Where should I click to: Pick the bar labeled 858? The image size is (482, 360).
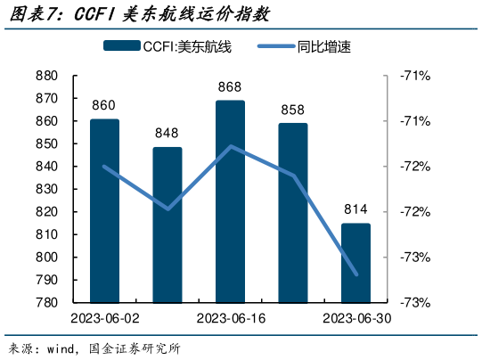click(x=292, y=213)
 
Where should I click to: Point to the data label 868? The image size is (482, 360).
click(x=230, y=87)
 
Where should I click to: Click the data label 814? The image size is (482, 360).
click(x=355, y=210)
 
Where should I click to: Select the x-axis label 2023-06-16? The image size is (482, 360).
click(x=230, y=318)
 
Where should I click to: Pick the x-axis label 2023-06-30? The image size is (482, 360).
click(x=355, y=318)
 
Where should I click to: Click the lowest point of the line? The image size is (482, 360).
click(x=356, y=274)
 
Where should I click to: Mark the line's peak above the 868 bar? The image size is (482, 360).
click(x=231, y=146)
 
